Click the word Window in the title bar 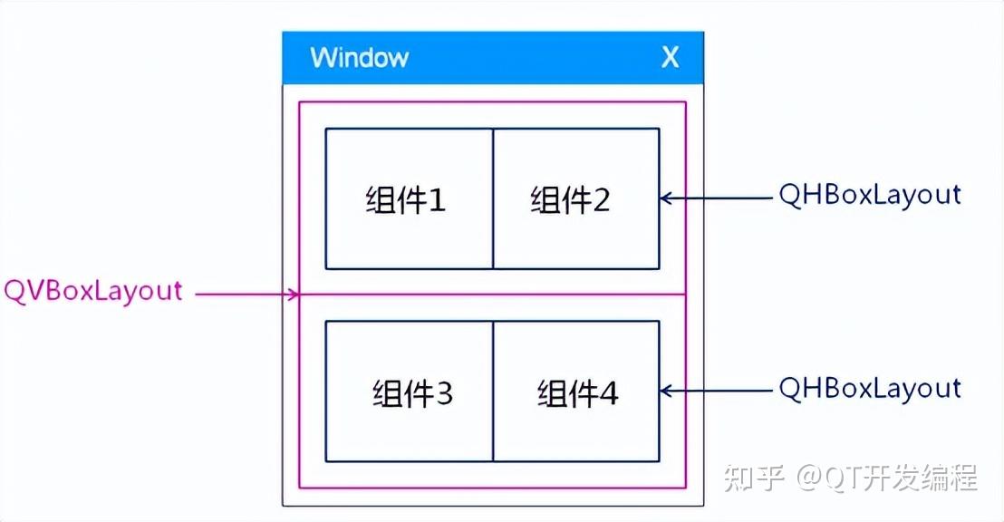pos(359,58)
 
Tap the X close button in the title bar pos(670,58)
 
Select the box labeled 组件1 pos(409,198)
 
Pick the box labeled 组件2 pos(576,198)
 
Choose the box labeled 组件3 pos(409,391)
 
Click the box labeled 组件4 pos(576,391)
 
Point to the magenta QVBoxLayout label pos(93,292)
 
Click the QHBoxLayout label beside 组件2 pos(870,196)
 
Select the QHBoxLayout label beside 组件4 pos(870,389)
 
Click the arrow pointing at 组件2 pos(716,197)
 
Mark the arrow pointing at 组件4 pos(716,391)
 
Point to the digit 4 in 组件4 pos(608,393)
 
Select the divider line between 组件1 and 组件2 pos(493,198)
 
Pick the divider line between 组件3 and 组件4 pos(493,391)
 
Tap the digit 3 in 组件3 pos(443,393)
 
